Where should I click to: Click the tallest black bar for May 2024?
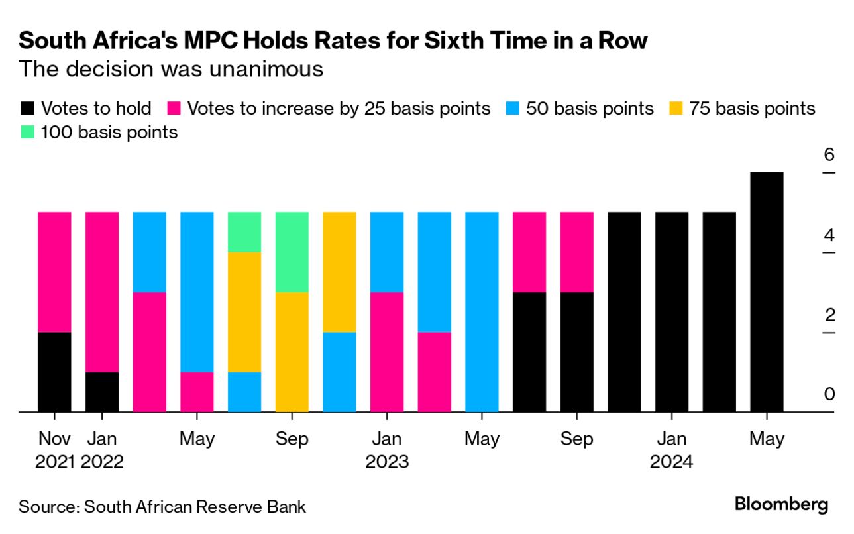click(766, 292)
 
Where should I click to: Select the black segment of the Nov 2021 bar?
click(54, 372)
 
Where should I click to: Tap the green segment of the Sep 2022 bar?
click(292, 252)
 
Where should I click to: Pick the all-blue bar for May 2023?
click(482, 311)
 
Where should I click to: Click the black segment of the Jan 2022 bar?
click(102, 392)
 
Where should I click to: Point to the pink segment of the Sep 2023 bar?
click(576, 252)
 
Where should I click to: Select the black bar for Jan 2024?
click(671, 311)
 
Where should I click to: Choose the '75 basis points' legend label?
click(752, 108)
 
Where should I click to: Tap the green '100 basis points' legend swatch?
click(28, 133)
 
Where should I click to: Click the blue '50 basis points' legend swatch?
click(513, 108)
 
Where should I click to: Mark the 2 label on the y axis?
click(829, 314)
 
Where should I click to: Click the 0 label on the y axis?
click(829, 394)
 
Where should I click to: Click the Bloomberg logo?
click(781, 504)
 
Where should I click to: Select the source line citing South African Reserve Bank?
click(162, 507)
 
